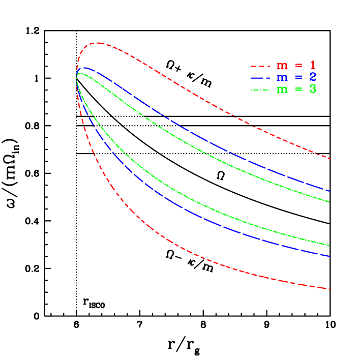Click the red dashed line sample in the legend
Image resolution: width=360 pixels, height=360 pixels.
260,66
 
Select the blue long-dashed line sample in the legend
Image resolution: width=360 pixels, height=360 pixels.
260,78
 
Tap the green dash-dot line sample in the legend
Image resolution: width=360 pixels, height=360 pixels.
260,90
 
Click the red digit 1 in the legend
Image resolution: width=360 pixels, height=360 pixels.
313,65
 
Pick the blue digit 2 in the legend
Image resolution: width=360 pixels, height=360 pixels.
313,77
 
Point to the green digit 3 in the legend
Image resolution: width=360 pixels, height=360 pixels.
313,89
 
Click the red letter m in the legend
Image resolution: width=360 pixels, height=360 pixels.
281,66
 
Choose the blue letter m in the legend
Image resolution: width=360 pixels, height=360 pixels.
281,78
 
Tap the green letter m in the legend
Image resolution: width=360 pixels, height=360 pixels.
281,91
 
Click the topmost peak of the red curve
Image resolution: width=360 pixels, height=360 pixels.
96,43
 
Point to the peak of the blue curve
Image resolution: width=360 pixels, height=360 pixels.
85,67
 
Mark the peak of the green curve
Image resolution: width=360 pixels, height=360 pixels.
81,73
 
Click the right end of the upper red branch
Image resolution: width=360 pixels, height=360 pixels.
331,159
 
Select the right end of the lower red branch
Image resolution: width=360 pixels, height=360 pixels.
331,289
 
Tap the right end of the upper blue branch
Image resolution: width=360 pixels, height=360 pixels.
331,191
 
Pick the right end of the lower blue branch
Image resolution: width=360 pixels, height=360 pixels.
331,256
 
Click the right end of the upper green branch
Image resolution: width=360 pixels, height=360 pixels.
331,202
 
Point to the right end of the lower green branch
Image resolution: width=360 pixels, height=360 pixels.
331,246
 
